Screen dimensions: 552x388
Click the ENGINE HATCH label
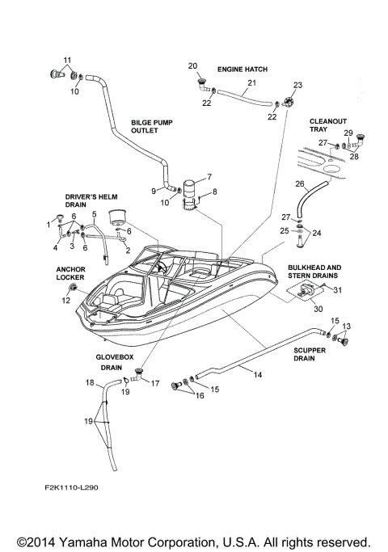(242, 70)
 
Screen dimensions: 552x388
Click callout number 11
(67, 61)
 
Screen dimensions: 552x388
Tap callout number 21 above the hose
(251, 83)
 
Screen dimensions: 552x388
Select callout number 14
(257, 375)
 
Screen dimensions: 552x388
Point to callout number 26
(299, 184)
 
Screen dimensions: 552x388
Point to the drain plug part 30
(306, 293)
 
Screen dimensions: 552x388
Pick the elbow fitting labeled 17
(138, 374)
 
